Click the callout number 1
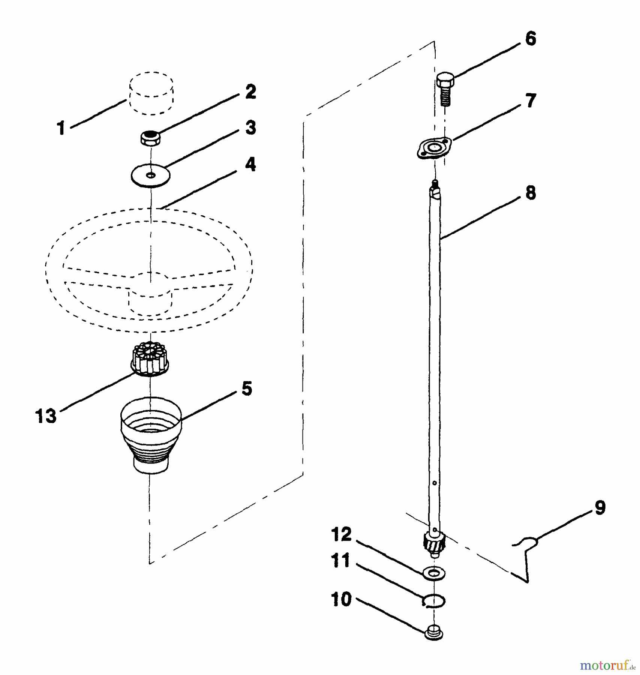coord(61,128)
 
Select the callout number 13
coord(46,416)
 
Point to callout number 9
coord(600,508)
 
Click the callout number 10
coord(341,599)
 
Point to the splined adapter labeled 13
coord(150,361)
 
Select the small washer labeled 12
coord(434,573)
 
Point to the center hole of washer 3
coord(150,175)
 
